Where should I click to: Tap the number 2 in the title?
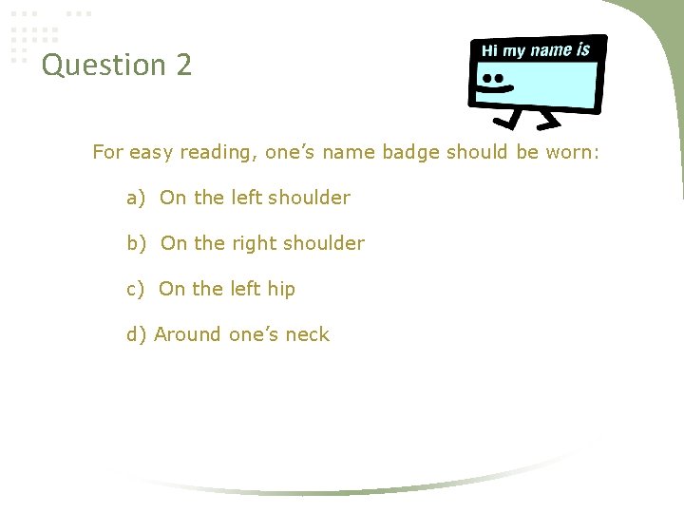click(183, 66)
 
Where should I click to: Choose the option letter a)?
click(136, 198)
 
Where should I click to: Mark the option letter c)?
click(136, 289)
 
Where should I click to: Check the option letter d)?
click(137, 334)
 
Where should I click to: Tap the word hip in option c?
click(281, 289)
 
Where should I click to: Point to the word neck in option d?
click(308, 334)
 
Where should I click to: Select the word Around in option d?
click(189, 334)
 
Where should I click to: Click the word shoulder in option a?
click(310, 198)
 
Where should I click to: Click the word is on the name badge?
click(582, 48)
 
